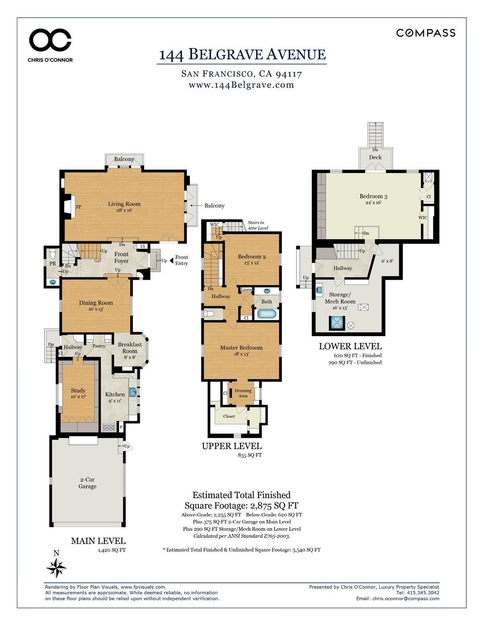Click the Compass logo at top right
click(426, 33)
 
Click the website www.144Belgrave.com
click(241, 85)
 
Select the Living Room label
click(124, 204)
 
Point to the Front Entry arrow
click(171, 260)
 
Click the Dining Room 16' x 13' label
click(96, 306)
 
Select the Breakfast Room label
click(129, 348)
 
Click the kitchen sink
click(132, 392)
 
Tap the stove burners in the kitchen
click(109, 427)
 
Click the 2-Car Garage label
click(87, 483)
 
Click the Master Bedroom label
click(241, 348)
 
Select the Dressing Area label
click(243, 393)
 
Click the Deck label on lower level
click(375, 157)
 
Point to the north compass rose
click(56, 568)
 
